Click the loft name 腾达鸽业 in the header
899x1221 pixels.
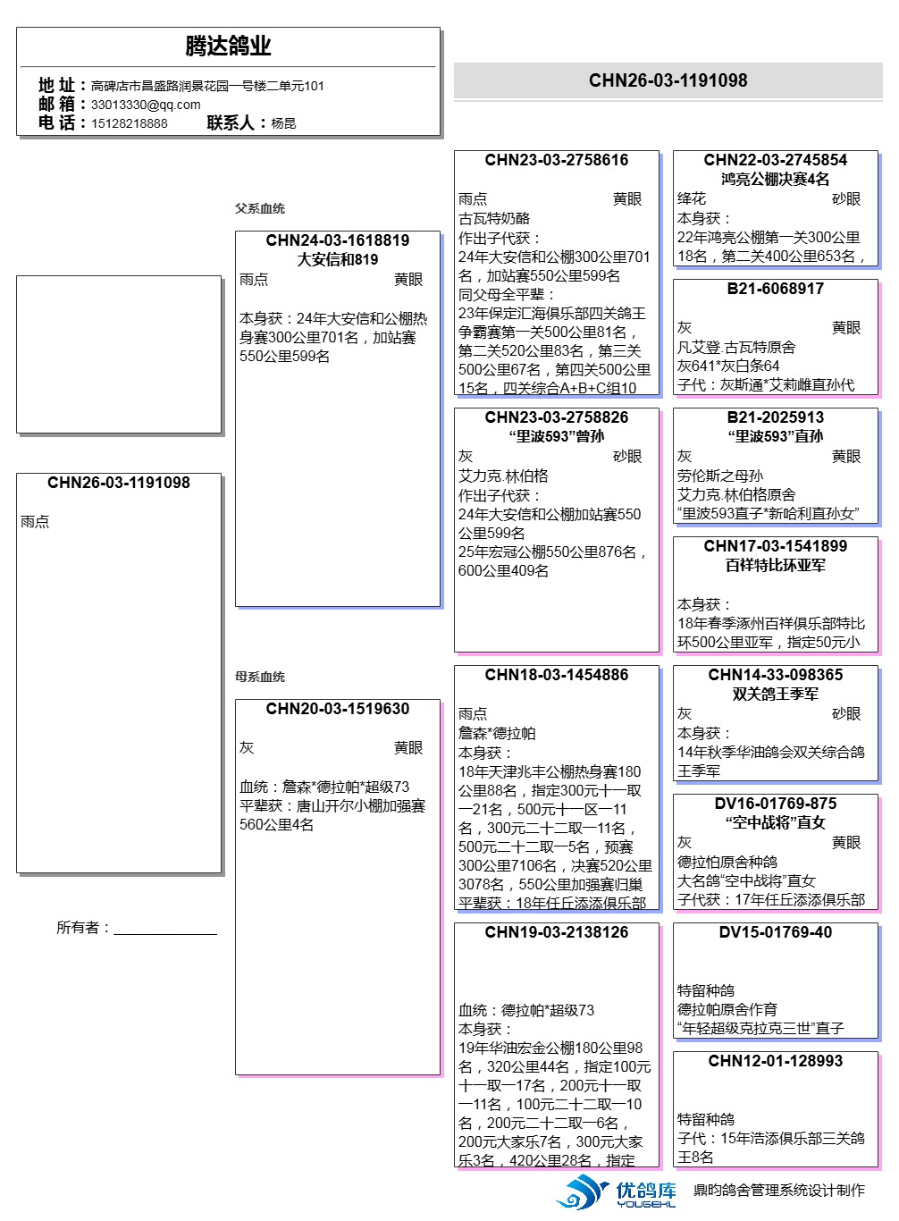click(228, 46)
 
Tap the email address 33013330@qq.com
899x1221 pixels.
click(146, 105)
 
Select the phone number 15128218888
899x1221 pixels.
click(129, 123)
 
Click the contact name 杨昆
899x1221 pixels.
click(283, 123)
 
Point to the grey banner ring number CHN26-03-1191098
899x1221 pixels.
click(668, 80)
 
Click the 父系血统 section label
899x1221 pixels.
click(260, 208)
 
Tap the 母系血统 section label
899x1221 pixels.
click(260, 677)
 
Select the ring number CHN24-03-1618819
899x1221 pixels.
click(337, 240)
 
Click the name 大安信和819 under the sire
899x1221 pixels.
click(337, 259)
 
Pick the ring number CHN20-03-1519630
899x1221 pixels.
click(337, 709)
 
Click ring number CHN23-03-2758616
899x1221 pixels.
click(556, 160)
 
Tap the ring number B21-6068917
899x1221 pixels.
click(775, 289)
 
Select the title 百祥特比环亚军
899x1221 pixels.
click(775, 565)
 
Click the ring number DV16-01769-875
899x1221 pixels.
click(775, 804)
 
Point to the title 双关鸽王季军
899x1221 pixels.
click(775, 694)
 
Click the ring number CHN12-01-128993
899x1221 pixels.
click(775, 1061)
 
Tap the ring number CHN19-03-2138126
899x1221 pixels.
click(556, 932)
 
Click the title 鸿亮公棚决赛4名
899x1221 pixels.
click(775, 179)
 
